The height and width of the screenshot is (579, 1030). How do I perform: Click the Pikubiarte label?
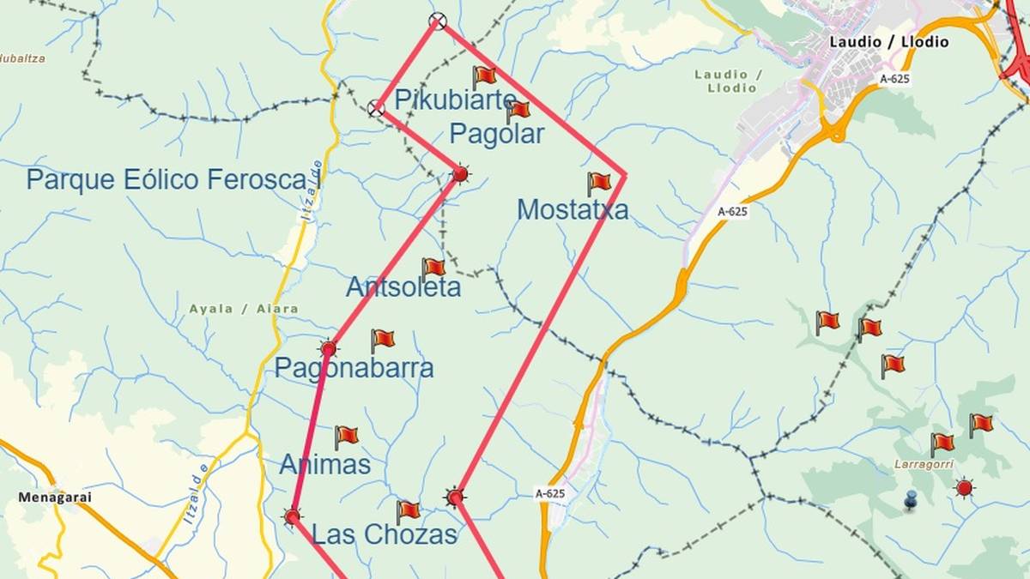455,100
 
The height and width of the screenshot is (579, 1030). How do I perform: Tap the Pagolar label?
496,134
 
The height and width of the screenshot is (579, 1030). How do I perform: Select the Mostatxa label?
573,209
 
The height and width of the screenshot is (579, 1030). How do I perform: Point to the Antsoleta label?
403,287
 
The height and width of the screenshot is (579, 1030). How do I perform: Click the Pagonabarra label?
354,368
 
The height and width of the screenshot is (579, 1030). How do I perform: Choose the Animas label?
325,464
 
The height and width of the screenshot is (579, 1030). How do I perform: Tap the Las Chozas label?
385,534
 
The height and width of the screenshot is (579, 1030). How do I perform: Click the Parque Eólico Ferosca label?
167,179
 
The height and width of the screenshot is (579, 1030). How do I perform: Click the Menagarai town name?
55,497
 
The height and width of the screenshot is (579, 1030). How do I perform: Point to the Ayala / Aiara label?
245,309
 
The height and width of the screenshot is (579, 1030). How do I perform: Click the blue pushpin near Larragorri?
911,498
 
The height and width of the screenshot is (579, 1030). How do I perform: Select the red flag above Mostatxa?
598,182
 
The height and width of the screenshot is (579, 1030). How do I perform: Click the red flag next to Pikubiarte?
483,76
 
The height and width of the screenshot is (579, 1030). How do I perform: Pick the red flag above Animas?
346,436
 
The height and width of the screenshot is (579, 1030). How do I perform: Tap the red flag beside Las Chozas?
407,510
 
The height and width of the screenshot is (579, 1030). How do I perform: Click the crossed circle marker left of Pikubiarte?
375,108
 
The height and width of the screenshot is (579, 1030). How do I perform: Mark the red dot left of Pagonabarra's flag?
328,349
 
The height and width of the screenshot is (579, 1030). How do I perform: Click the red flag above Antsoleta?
433,268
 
